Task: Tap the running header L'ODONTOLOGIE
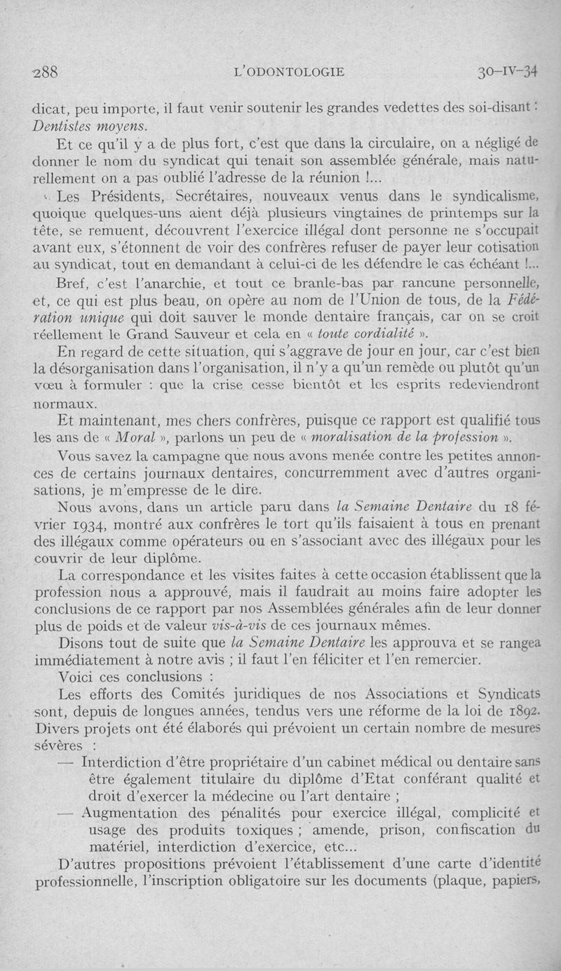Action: tap(289, 72)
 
